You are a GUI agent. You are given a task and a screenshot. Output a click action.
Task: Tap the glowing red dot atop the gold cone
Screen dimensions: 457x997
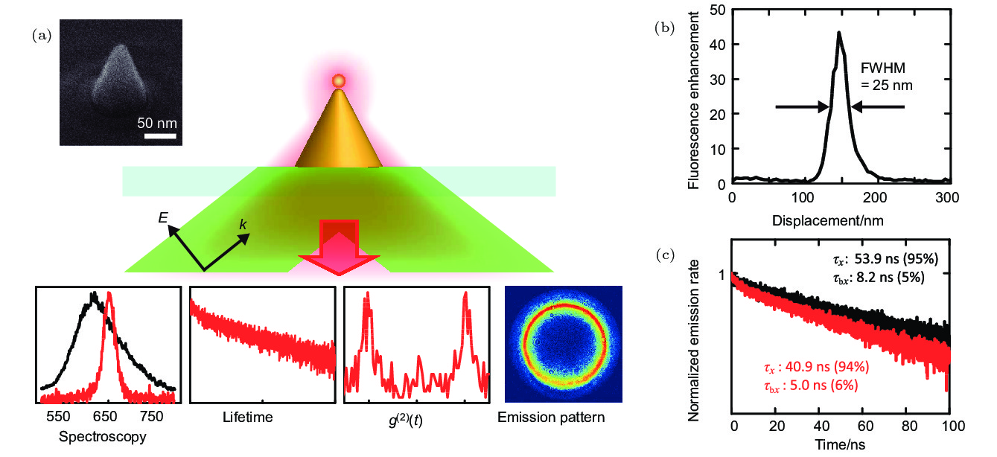(338, 80)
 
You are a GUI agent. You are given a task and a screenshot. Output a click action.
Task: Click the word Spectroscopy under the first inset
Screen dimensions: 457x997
(103, 436)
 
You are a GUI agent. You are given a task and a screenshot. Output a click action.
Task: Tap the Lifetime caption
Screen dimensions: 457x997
(248, 417)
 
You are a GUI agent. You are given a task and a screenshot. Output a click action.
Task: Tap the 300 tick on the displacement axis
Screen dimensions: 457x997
(947, 198)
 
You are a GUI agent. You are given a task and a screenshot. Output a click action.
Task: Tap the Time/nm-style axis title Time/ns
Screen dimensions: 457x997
(841, 446)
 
